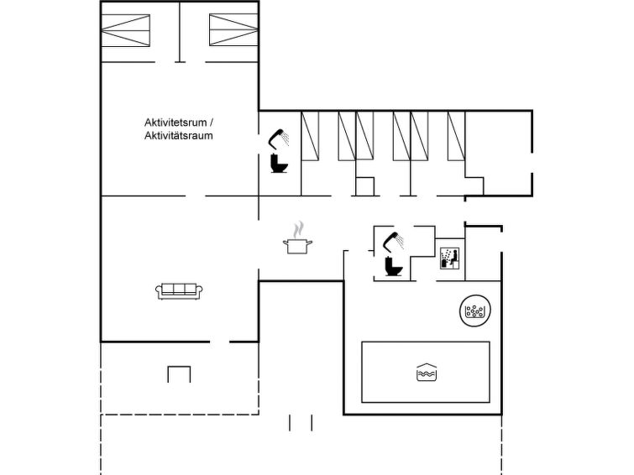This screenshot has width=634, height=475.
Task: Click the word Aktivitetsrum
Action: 176,122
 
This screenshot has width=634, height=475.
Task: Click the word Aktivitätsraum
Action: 179,135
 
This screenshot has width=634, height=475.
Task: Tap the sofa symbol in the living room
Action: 179,291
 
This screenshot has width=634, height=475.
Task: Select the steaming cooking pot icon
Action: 297,237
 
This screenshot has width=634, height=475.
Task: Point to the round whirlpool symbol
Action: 475,311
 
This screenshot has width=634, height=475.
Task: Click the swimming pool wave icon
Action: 427,372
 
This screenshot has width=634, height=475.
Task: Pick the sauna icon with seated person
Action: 449,258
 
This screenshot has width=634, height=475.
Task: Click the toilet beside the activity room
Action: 279,164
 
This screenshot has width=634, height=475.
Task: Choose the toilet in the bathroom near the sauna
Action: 394,266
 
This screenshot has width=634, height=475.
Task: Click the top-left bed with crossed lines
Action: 125,30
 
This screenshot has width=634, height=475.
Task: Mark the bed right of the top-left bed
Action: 233,30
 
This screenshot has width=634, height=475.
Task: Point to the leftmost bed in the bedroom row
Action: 310,136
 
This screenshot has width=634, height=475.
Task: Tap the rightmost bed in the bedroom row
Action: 457,136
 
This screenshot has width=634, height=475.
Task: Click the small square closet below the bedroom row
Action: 365,186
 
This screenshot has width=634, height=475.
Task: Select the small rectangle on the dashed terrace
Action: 179,374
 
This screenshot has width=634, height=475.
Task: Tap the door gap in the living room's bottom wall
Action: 219,342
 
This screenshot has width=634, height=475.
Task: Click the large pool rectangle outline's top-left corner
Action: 362,342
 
